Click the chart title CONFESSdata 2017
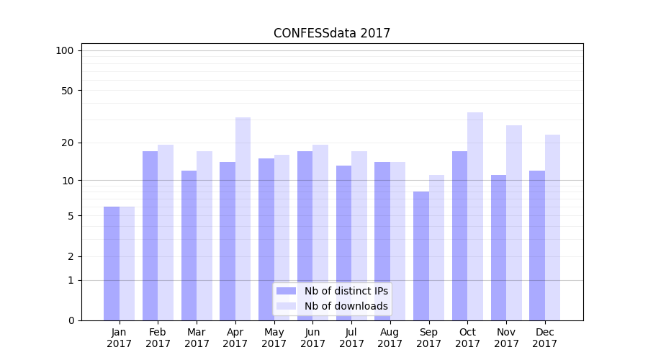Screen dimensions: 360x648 click(x=332, y=33)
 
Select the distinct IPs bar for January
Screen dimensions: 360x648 click(x=112, y=264)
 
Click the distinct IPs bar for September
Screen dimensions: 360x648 click(x=421, y=256)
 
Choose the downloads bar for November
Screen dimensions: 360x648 click(x=514, y=222)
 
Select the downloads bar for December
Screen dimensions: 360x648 click(x=553, y=228)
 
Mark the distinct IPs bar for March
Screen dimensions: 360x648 click(x=189, y=246)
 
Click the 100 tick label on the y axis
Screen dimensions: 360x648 click(x=65, y=50)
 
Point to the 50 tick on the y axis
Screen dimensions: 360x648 click(x=68, y=91)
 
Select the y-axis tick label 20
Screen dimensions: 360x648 click(x=68, y=143)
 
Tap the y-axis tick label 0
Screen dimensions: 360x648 click(x=71, y=320)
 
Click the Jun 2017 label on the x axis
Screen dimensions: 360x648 click(x=312, y=338)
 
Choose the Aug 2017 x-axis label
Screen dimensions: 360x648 click(x=390, y=338)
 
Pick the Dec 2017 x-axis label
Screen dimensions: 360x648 click(x=545, y=338)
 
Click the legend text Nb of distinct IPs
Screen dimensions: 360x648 click(x=346, y=291)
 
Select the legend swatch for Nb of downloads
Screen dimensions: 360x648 click(x=286, y=306)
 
